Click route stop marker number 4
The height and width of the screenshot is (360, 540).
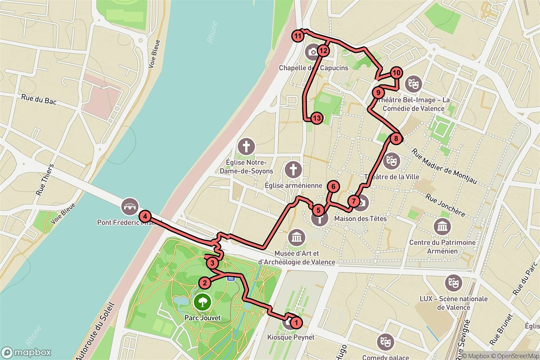(x=145, y=216)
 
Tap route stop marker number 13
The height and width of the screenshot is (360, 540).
(x=317, y=118)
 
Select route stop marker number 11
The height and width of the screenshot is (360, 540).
(x=297, y=36)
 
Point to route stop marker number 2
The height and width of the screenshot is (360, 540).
(x=205, y=283)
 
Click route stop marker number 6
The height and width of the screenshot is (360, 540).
(x=333, y=186)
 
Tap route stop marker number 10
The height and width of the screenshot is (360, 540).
(x=396, y=72)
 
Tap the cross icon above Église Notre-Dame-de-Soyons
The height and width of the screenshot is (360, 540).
(x=246, y=146)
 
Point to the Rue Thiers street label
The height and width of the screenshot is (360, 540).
(x=45, y=180)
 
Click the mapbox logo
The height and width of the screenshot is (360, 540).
(x=26, y=352)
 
